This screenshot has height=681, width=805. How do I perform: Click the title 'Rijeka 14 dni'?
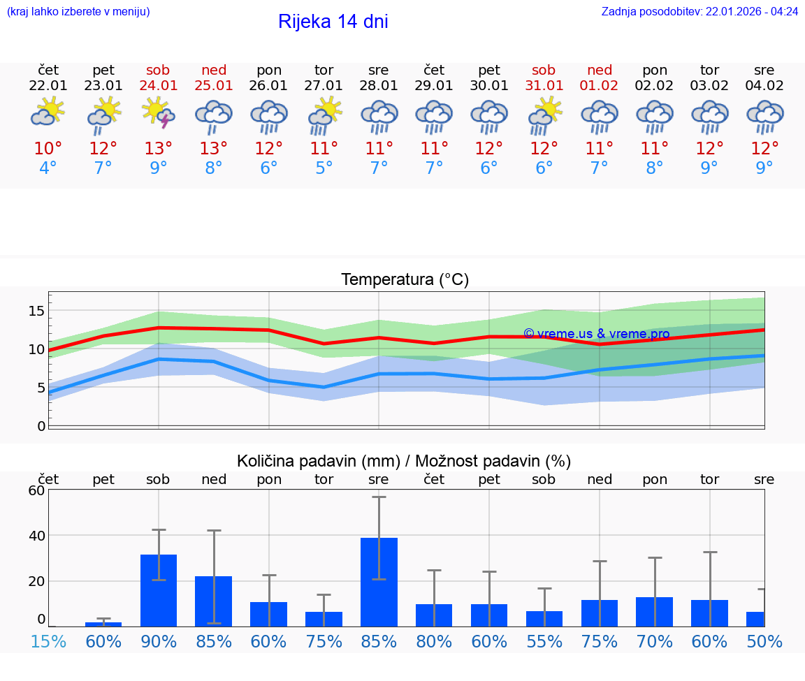333,22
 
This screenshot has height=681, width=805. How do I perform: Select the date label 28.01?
379,86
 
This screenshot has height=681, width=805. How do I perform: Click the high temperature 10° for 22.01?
48,149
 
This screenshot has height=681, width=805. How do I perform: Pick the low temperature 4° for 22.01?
48,168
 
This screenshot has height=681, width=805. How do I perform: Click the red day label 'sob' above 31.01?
544,71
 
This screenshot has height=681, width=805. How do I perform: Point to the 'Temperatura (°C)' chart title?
405,280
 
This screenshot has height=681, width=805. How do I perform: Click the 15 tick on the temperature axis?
37,310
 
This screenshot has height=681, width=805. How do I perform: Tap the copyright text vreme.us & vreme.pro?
596,334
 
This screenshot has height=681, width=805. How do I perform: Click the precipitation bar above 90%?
159,590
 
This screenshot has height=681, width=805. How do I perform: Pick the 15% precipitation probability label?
48,641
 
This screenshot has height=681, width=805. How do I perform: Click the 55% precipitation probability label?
544,641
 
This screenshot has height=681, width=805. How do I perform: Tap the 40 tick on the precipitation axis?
36,536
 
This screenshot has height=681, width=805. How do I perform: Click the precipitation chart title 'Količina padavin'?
404,461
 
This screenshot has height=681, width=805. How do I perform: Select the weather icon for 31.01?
544,115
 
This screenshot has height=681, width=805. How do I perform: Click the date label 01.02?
599,86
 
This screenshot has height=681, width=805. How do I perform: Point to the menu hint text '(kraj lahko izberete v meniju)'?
78,12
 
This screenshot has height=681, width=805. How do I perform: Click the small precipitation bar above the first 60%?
103,624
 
